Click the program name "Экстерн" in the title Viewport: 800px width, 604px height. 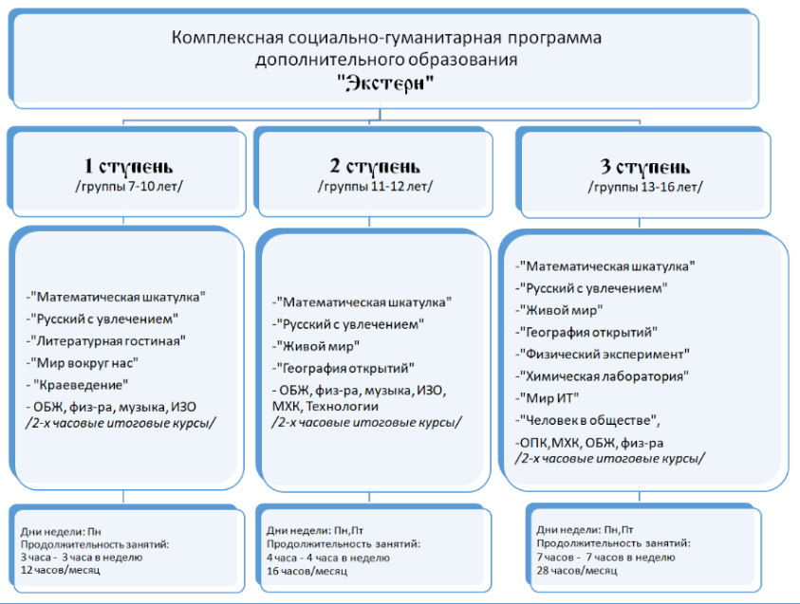(385, 82)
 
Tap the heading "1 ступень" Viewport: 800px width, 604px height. (128, 166)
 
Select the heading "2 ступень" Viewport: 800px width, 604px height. (375, 166)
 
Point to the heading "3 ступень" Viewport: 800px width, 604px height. (645, 167)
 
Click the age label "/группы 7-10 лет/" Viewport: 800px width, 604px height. (129, 187)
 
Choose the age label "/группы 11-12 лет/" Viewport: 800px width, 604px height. (376, 187)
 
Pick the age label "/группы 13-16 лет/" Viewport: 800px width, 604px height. (645, 187)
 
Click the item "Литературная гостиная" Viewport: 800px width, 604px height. (106, 340)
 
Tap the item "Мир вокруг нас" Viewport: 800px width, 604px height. (83, 363)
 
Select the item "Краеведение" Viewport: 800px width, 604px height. (77, 385)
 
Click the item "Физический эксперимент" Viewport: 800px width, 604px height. (603, 354)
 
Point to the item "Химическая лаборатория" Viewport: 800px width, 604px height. (602, 376)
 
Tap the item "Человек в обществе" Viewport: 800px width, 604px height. (587, 420)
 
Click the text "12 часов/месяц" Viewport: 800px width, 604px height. (60, 570)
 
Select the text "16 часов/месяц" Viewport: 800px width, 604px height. (307, 571)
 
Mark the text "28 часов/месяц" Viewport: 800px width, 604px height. (577, 571)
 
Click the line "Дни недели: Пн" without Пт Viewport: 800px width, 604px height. (61, 532)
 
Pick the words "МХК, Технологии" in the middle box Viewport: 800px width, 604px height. (326, 406)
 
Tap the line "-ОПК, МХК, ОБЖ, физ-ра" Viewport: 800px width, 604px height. (589, 443)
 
